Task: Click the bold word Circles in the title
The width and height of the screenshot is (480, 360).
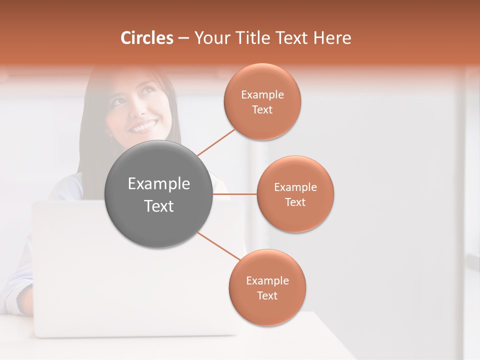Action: (146, 38)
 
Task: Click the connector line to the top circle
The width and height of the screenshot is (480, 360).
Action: (216, 142)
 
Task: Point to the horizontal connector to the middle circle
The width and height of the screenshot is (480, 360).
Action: (234, 194)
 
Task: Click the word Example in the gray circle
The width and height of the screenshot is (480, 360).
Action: (159, 184)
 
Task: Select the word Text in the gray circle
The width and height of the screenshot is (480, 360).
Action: (159, 206)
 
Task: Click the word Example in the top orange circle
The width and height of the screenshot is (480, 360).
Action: (262, 94)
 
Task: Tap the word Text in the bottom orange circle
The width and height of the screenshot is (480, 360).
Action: (267, 296)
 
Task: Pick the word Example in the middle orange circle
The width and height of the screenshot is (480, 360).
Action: (295, 187)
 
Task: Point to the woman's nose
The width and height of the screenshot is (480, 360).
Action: (138, 112)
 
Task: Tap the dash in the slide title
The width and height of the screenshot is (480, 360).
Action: (183, 38)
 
